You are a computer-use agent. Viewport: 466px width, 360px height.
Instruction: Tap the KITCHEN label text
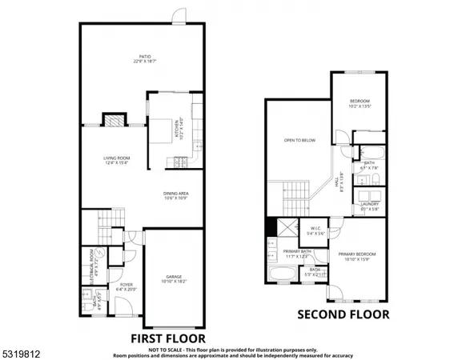click(x=181, y=129)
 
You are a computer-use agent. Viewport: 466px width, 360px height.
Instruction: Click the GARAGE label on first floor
click(x=174, y=279)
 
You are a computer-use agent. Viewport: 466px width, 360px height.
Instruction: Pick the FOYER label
click(x=127, y=286)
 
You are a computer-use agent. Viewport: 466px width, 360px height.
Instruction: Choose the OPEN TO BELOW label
click(x=299, y=141)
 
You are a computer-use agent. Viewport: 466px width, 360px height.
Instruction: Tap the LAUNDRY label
click(x=370, y=206)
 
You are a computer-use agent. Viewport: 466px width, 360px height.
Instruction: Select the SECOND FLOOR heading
click(x=343, y=314)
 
